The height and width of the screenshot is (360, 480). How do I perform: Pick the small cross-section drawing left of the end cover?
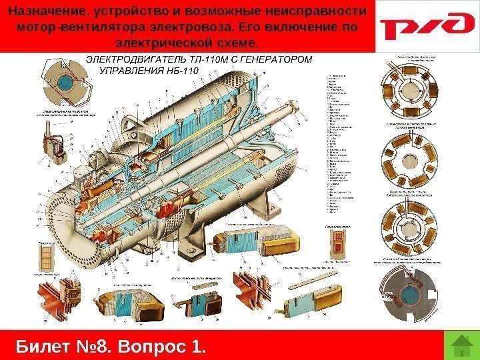pyautogui.click(x=47, y=256)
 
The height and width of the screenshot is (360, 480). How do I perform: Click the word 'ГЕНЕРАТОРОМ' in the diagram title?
pyautogui.click(x=275, y=59)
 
